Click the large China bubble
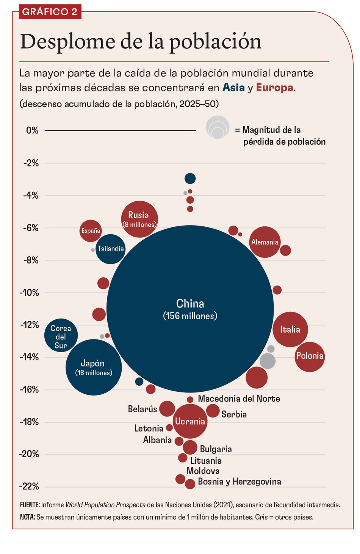[x=190, y=309]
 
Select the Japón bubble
[x=94, y=367]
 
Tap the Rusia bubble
[x=139, y=219]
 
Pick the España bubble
[x=91, y=231]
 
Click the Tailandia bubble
[x=110, y=249]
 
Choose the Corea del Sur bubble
[x=61, y=335]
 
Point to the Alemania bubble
[x=265, y=242]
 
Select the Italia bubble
[x=290, y=329]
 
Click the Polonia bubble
[x=310, y=356]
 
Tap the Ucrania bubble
[x=190, y=421]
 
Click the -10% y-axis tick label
[x=30, y=293]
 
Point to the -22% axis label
[x=30, y=487]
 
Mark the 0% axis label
[x=32, y=130]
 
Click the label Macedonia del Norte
[x=239, y=399]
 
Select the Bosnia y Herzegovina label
[x=239, y=482]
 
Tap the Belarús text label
[x=142, y=409]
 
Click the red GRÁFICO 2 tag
[x=50, y=12]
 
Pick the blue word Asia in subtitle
[x=233, y=88]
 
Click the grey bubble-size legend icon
[x=218, y=127]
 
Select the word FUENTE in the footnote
[x=30, y=505]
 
